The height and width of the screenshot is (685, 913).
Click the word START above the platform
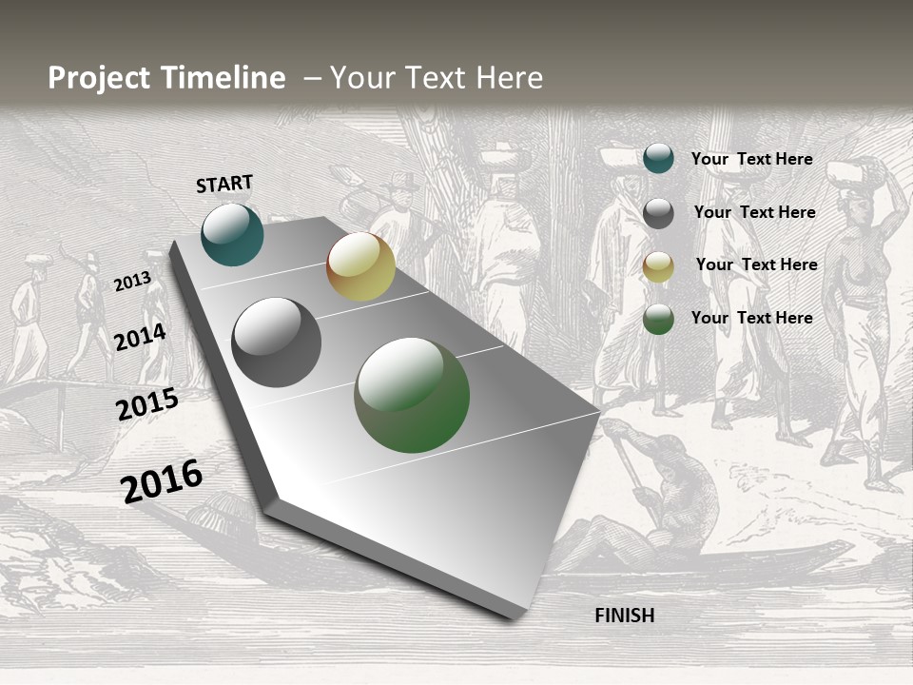224,184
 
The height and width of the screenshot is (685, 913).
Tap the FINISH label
624,616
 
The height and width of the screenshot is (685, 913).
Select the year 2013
132,281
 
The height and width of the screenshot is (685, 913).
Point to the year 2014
140,337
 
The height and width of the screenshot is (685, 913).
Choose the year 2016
162,480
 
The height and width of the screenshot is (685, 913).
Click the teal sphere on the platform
232,234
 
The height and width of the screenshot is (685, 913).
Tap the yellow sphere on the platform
360,266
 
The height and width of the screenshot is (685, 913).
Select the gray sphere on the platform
277,342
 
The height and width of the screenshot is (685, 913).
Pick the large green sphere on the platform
412,395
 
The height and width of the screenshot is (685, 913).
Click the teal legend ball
658,159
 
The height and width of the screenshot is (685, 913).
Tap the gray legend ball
658,213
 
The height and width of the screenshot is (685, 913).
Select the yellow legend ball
658,266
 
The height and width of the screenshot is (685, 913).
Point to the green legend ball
658,319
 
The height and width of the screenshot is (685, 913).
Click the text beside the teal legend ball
751,159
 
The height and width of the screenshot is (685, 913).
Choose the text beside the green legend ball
751,318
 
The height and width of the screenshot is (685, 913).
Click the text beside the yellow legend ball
756,264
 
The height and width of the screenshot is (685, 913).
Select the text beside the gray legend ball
754,212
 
